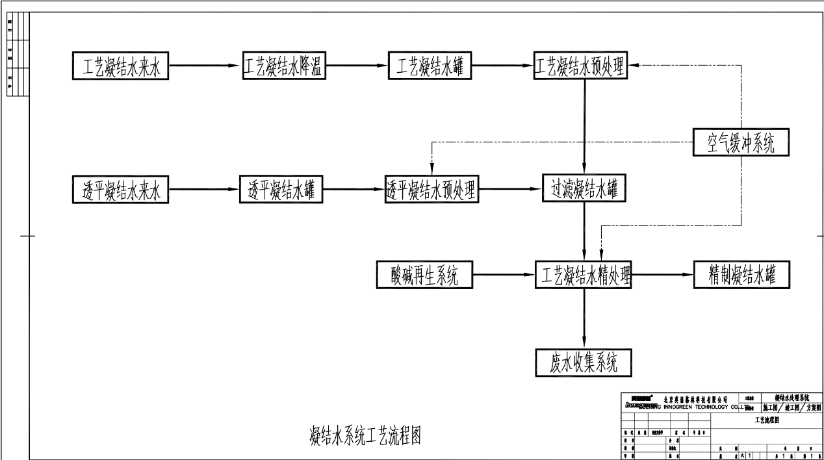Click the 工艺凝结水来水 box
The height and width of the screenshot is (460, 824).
tap(120, 66)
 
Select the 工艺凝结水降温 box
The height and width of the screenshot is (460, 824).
tap(284, 66)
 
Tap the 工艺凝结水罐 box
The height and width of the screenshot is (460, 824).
tap(430, 66)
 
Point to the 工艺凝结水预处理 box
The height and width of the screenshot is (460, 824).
tap(581, 66)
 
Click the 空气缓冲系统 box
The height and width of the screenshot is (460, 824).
tap(741, 143)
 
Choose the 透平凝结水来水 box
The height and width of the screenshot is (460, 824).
tap(120, 190)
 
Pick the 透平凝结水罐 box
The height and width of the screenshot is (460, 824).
tap(281, 190)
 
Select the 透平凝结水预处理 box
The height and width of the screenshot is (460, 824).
tap(431, 190)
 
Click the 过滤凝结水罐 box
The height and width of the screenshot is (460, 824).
tap(584, 190)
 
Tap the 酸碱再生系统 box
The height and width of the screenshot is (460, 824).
tap(425, 275)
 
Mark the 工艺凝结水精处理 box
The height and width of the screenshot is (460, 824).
tap(584, 275)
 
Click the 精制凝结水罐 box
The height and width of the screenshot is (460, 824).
tap(741, 275)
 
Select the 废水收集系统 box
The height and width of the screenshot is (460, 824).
tap(584, 363)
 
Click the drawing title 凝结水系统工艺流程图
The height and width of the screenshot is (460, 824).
tap(365, 435)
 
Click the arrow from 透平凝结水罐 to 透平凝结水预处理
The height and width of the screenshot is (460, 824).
tap(354, 190)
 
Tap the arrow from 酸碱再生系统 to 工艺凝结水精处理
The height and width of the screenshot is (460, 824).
tap(504, 275)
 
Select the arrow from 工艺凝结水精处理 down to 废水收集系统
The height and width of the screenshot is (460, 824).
tap(584, 318)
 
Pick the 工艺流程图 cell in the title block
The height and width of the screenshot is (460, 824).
tap(767, 420)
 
